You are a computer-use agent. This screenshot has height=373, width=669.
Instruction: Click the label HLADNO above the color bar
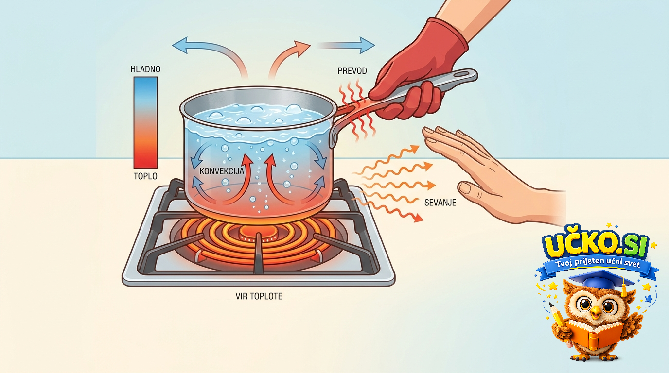(145, 69)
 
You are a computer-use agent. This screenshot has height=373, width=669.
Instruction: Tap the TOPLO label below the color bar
(145, 176)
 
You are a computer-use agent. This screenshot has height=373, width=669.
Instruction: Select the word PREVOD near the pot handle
(352, 71)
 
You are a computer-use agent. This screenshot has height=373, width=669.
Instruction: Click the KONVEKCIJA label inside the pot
(222, 171)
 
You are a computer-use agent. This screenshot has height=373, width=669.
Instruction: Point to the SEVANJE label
(440, 203)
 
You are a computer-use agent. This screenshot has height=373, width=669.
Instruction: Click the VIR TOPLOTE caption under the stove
(259, 296)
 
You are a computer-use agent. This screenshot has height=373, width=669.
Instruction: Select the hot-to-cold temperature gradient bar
(145, 123)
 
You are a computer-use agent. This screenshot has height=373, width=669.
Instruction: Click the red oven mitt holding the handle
(418, 71)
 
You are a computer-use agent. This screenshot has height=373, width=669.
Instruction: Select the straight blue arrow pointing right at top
(347, 45)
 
